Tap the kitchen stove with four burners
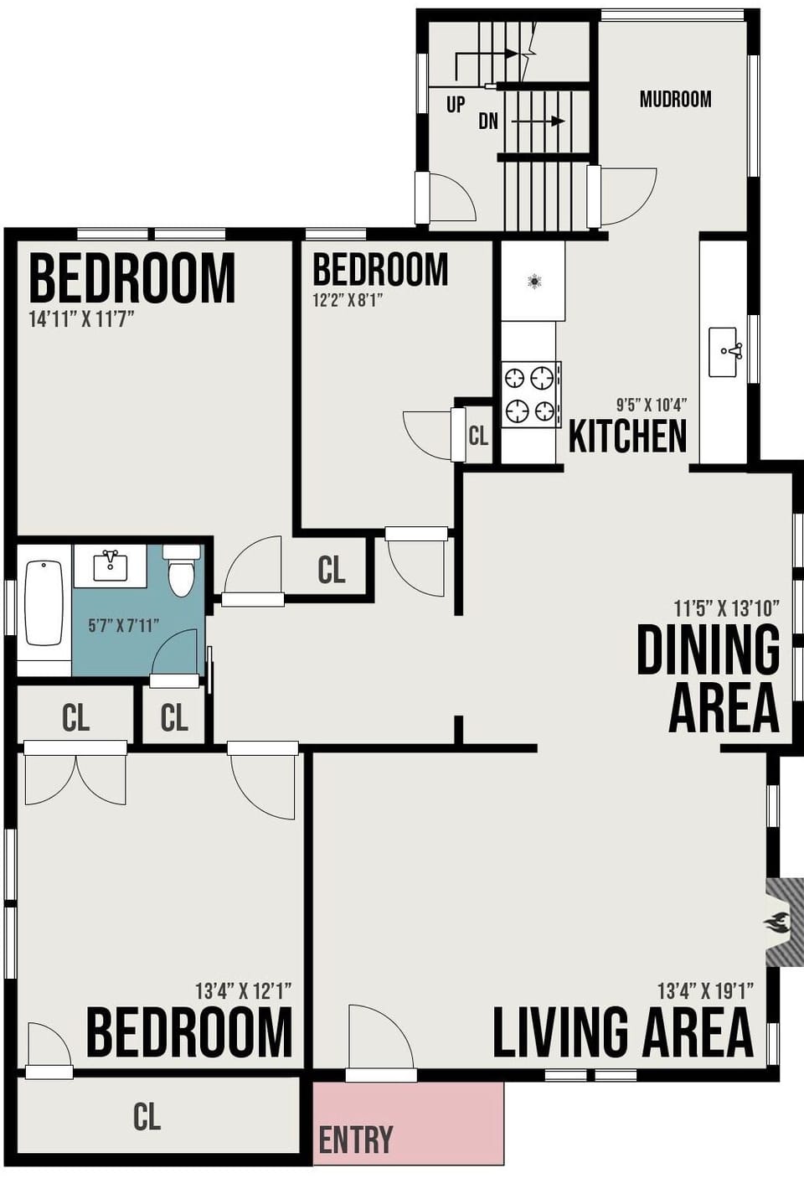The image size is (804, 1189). [x=531, y=395]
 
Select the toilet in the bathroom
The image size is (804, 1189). [x=181, y=571]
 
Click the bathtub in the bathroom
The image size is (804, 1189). [x=44, y=603]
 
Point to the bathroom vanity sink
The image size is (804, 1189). [x=110, y=566]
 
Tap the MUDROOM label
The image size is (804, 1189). [x=675, y=99]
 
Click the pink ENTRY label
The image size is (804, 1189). [x=356, y=1140]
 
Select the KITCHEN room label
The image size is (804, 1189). [x=627, y=436]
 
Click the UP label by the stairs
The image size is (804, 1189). [x=455, y=105]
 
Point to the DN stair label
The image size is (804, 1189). [x=488, y=121]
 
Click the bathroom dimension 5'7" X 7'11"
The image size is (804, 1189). [x=123, y=625]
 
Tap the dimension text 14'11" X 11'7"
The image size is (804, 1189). [x=81, y=319]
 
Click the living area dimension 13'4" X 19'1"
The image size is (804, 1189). [x=705, y=991]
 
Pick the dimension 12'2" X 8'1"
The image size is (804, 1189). [x=348, y=300]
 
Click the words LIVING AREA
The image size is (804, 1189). [x=622, y=1032]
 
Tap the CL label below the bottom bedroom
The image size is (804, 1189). [x=147, y=1116]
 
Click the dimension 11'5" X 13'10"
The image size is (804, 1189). [x=726, y=607]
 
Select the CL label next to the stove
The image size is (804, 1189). [x=478, y=436]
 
